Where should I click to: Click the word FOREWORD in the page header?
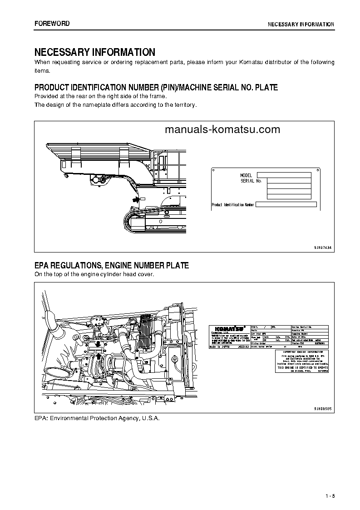[52, 24]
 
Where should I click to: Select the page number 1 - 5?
[330, 495]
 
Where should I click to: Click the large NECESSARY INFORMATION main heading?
[95, 52]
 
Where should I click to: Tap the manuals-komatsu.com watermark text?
[222, 129]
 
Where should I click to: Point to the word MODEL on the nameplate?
[246, 175]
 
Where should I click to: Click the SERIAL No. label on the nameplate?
[251, 181]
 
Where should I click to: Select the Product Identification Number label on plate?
[233, 205]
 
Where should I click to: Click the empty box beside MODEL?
[284, 175]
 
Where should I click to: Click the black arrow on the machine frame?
[135, 199]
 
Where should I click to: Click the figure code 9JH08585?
[323, 408]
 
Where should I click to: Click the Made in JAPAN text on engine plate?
[220, 346]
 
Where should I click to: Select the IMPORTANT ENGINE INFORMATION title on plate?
[299, 352]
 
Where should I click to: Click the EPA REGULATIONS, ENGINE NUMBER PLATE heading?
[112, 265]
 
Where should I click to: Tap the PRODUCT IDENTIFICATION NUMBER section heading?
[156, 87]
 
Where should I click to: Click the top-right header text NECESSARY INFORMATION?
[301, 24]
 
